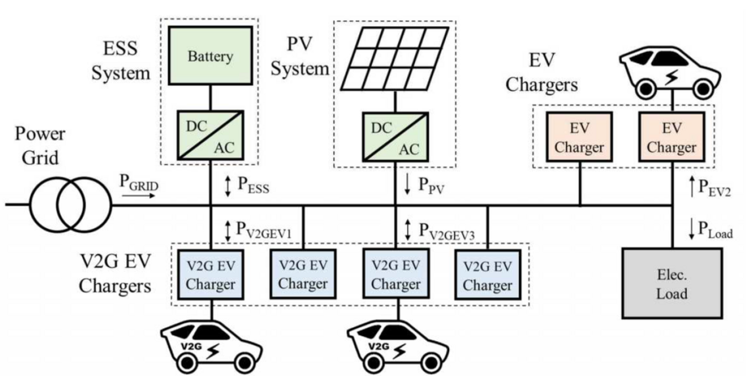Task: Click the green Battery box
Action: [211, 58]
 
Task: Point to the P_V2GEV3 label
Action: [448, 231]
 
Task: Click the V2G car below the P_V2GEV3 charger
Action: [397, 344]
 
